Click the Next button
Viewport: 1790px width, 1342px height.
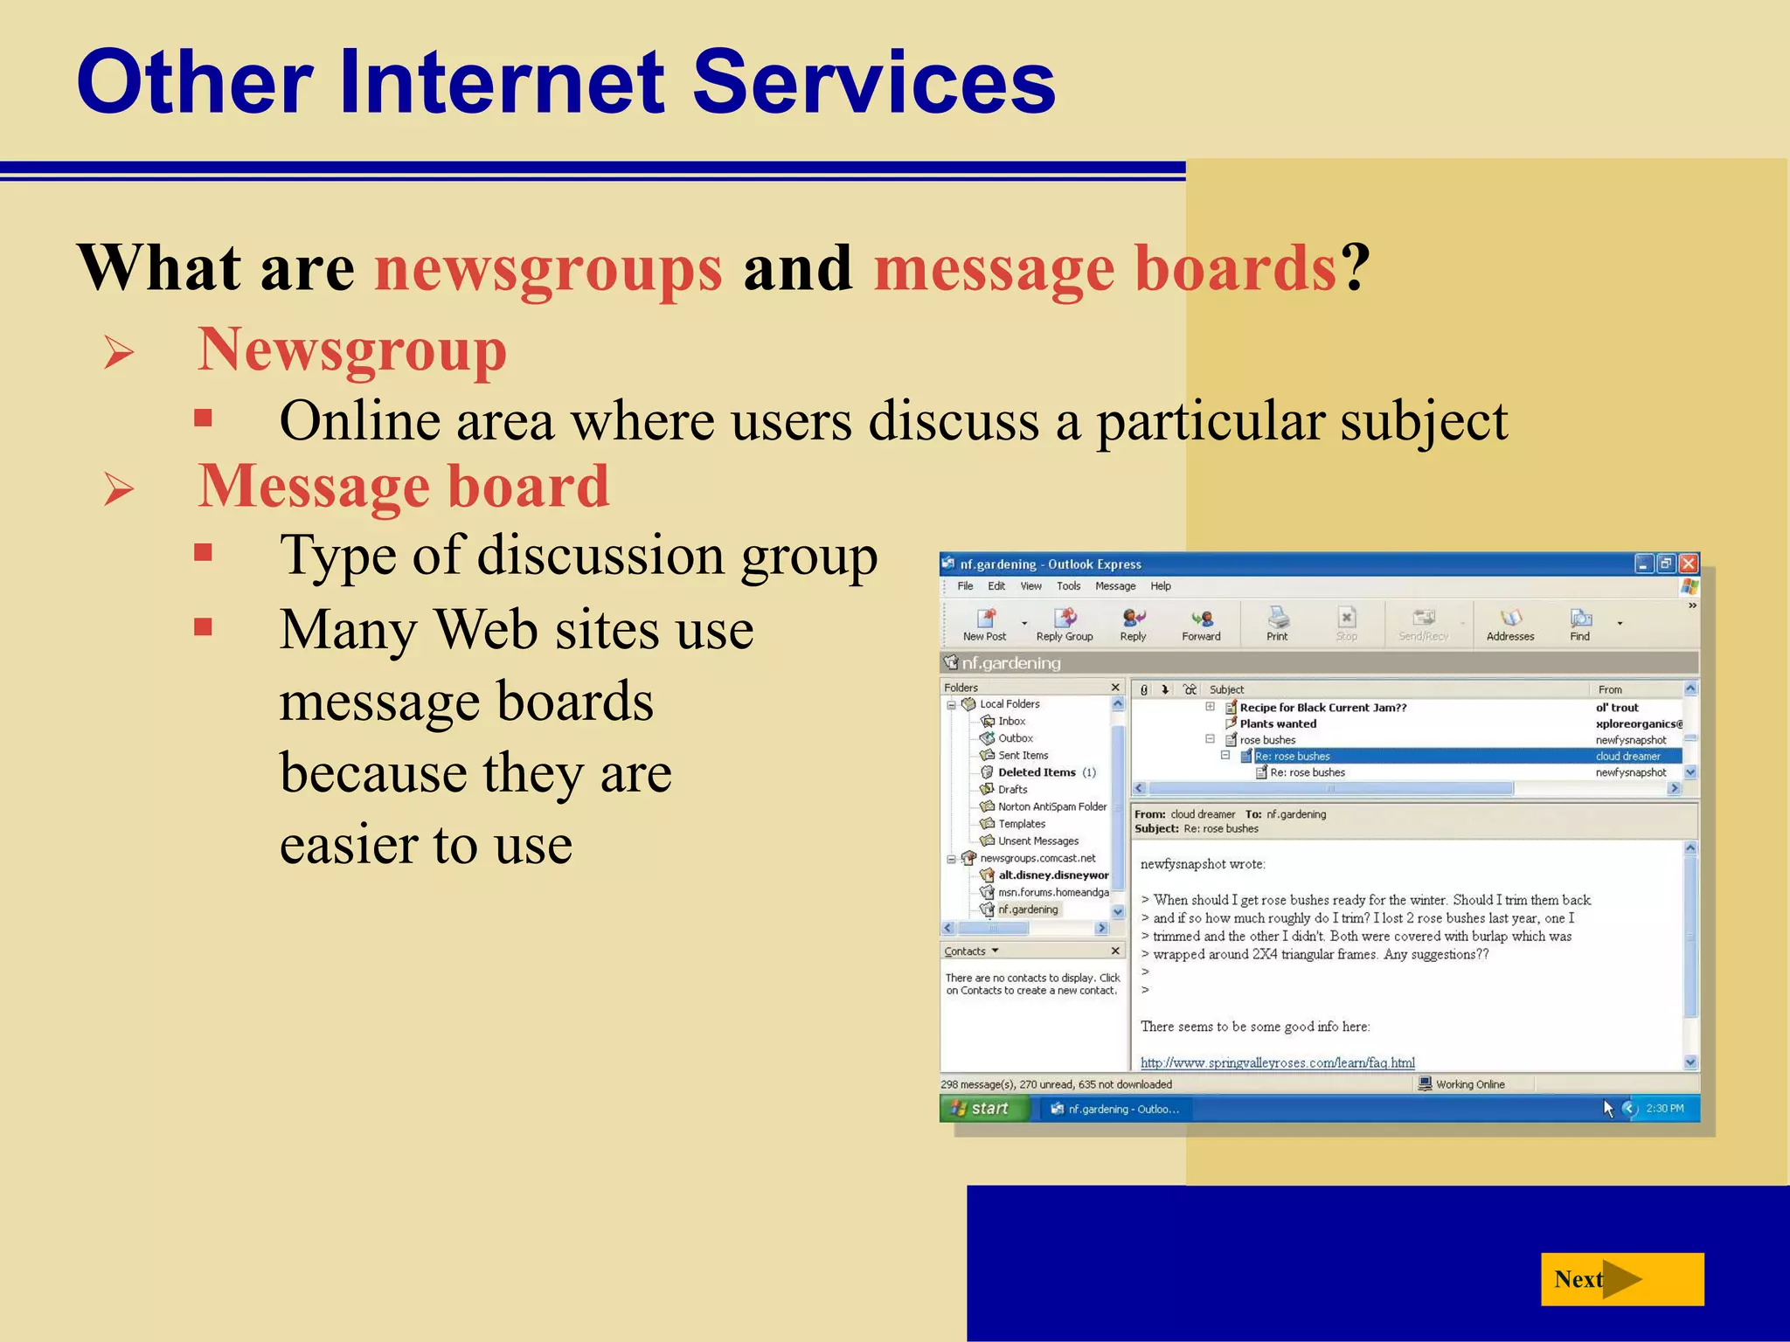(x=1621, y=1279)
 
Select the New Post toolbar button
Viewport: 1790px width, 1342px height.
(x=985, y=624)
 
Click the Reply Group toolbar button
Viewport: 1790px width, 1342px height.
(x=1065, y=624)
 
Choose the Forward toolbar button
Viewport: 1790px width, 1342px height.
(x=1201, y=624)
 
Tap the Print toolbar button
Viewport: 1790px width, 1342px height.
(x=1277, y=624)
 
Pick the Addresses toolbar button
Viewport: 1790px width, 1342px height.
(x=1509, y=624)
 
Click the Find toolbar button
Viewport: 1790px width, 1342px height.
(x=1580, y=624)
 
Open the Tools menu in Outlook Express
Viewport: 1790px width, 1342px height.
(x=1068, y=586)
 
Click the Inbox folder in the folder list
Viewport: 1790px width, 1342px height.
(x=1011, y=722)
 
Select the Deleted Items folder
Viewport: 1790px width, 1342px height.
(x=1037, y=772)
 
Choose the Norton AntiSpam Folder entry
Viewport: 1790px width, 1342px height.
(x=1052, y=806)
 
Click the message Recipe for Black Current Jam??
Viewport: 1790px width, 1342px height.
(x=1322, y=708)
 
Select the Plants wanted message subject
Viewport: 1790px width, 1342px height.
(x=1278, y=724)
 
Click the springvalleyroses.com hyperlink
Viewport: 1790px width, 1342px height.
(x=1277, y=1063)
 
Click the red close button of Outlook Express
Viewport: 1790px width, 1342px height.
(x=1689, y=564)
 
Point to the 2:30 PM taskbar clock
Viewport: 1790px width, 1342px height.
(x=1664, y=1109)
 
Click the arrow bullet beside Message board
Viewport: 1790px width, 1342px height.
(x=119, y=489)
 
